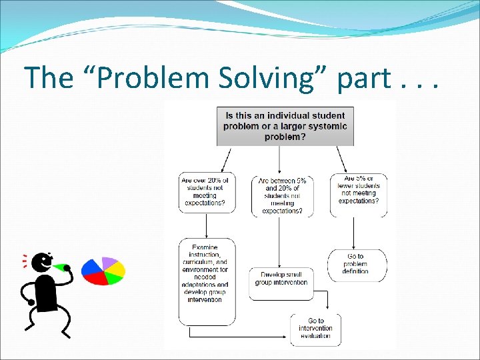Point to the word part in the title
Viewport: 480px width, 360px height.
(364, 79)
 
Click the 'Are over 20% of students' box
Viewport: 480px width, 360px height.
(207, 193)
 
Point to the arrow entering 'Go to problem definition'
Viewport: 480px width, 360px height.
(354, 233)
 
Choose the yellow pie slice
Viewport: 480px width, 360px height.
(117, 269)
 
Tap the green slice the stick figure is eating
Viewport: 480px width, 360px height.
(64, 267)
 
